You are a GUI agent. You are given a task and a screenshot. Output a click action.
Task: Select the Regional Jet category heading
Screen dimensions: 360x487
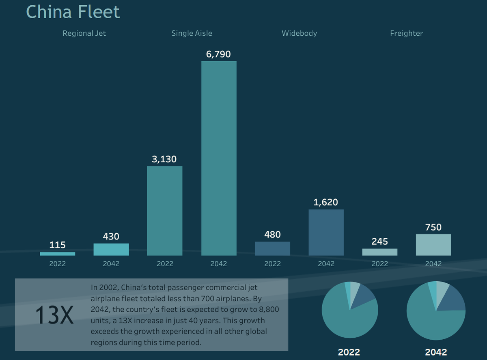point(84,33)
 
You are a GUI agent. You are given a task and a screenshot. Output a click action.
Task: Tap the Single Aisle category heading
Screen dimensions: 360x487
point(192,33)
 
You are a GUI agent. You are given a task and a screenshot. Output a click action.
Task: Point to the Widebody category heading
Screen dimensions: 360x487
point(299,33)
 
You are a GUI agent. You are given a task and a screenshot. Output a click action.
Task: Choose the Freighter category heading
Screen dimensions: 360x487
point(406,33)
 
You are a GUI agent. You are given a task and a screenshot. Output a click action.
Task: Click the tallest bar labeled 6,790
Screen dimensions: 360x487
point(219,158)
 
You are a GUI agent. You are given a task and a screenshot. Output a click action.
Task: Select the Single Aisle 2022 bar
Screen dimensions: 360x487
point(165,211)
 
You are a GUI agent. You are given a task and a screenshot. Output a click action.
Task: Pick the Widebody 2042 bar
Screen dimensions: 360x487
point(326,233)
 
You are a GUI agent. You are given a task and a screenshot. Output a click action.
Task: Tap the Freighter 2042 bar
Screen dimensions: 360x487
point(433,245)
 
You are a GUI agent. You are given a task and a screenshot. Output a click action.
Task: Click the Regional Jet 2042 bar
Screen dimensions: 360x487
point(111,250)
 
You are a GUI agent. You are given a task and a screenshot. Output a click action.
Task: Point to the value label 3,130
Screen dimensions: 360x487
point(164,160)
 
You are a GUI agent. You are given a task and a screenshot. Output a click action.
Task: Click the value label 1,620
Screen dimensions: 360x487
point(325,202)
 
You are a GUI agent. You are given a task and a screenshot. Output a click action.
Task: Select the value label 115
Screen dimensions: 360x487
point(58,245)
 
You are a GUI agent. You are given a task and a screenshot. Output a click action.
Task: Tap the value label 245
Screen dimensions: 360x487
point(379,242)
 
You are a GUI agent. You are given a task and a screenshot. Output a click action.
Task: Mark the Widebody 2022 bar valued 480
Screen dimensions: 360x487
point(272,248)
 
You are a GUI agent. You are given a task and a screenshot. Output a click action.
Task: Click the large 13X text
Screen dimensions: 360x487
point(54,315)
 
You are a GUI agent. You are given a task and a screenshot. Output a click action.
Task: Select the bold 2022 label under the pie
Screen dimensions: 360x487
point(349,352)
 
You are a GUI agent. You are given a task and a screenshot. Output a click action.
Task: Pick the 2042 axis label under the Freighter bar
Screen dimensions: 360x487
point(433,264)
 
